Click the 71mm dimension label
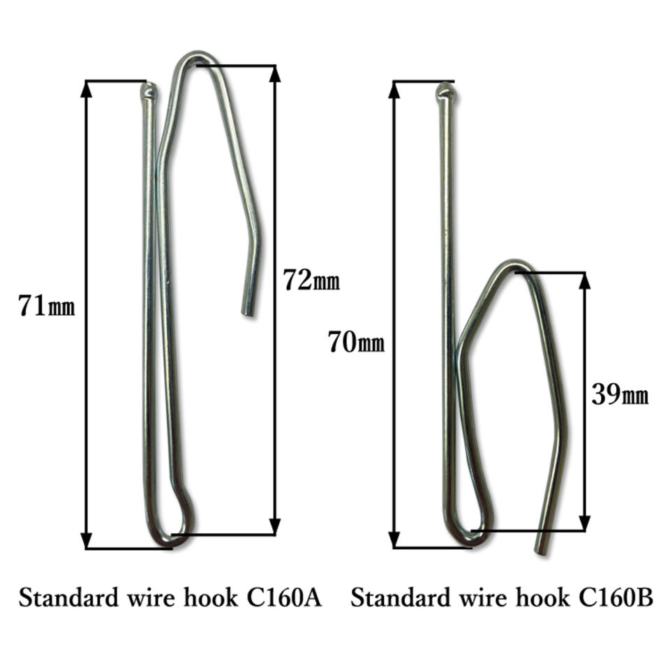point(46,306)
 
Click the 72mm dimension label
point(311,280)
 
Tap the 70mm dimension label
point(356,343)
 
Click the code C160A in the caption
point(283,598)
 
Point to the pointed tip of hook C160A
point(148,89)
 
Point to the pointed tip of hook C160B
point(445,91)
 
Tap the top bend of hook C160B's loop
point(514,264)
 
